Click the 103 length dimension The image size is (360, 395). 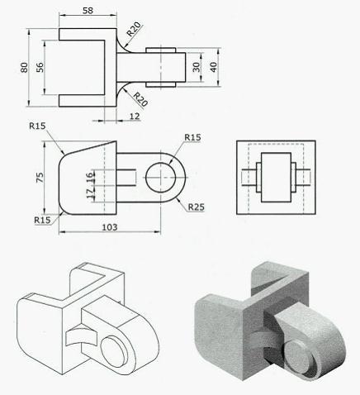pyautogui.click(x=107, y=226)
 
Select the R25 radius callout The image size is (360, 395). pyautogui.click(x=196, y=207)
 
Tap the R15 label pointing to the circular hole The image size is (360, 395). pyautogui.click(x=193, y=136)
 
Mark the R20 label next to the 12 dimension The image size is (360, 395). pyautogui.click(x=140, y=101)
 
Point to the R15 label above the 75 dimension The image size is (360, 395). pyautogui.click(x=36, y=127)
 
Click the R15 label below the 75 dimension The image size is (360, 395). pyautogui.click(x=42, y=220)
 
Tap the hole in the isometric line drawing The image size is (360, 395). pyautogui.click(x=116, y=346)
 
